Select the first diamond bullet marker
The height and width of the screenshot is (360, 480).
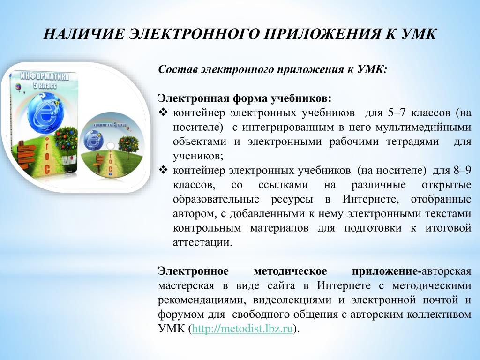coord(164,113)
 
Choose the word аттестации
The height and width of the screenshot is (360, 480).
coord(202,243)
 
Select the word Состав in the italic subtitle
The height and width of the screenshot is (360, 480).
coord(178,69)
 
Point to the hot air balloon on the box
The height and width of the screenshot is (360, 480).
coord(18,88)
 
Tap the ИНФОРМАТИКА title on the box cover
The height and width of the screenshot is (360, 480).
coord(45,76)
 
